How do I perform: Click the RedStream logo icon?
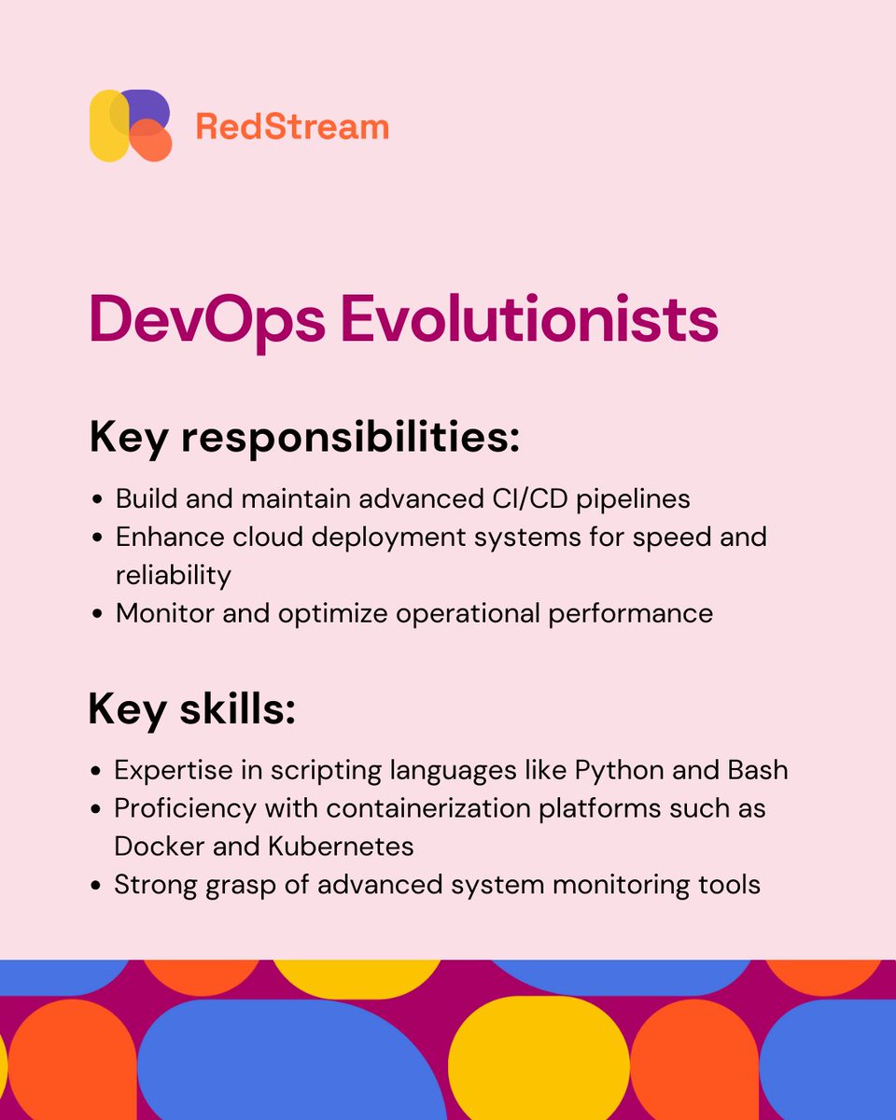point(131,125)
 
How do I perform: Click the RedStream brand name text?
point(292,126)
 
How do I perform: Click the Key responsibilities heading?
point(304,438)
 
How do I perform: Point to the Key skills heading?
point(191,710)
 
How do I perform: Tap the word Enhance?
point(169,537)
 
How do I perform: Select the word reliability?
point(173,575)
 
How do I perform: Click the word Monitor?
point(169,613)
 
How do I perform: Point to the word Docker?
point(156,846)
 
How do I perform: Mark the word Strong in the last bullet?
point(148,884)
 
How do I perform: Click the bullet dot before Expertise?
point(96,772)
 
